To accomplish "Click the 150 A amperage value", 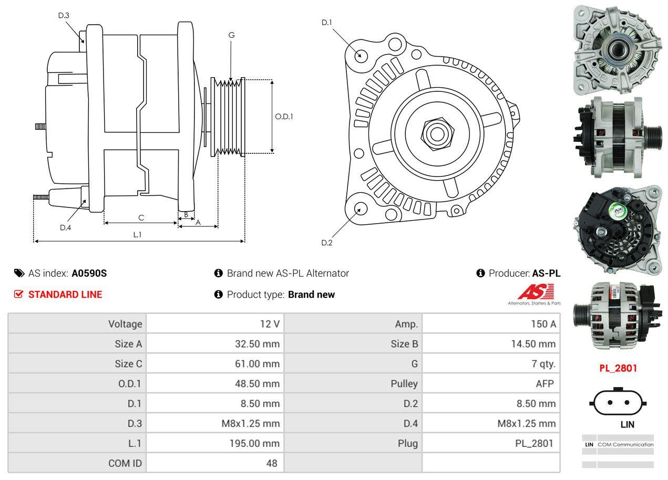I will coord(543,324).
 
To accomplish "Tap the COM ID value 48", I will coord(272,463).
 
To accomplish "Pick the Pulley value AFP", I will coord(544,383).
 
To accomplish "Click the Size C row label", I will coord(128,364).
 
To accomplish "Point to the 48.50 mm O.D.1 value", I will coord(257,383).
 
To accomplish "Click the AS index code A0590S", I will coord(89,273).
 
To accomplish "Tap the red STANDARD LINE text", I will coord(65,295).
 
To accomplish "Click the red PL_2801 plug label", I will coord(618,368).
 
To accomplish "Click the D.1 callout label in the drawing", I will coord(327,23).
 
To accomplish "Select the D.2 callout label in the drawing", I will coord(327,243).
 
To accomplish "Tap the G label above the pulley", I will coord(231,35).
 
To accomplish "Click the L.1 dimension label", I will coord(137,235).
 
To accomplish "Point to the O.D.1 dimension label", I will coord(284,117).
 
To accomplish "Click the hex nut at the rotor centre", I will coord(436,133).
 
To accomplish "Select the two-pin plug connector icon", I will coord(618,403).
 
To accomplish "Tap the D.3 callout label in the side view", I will coord(64,15).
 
